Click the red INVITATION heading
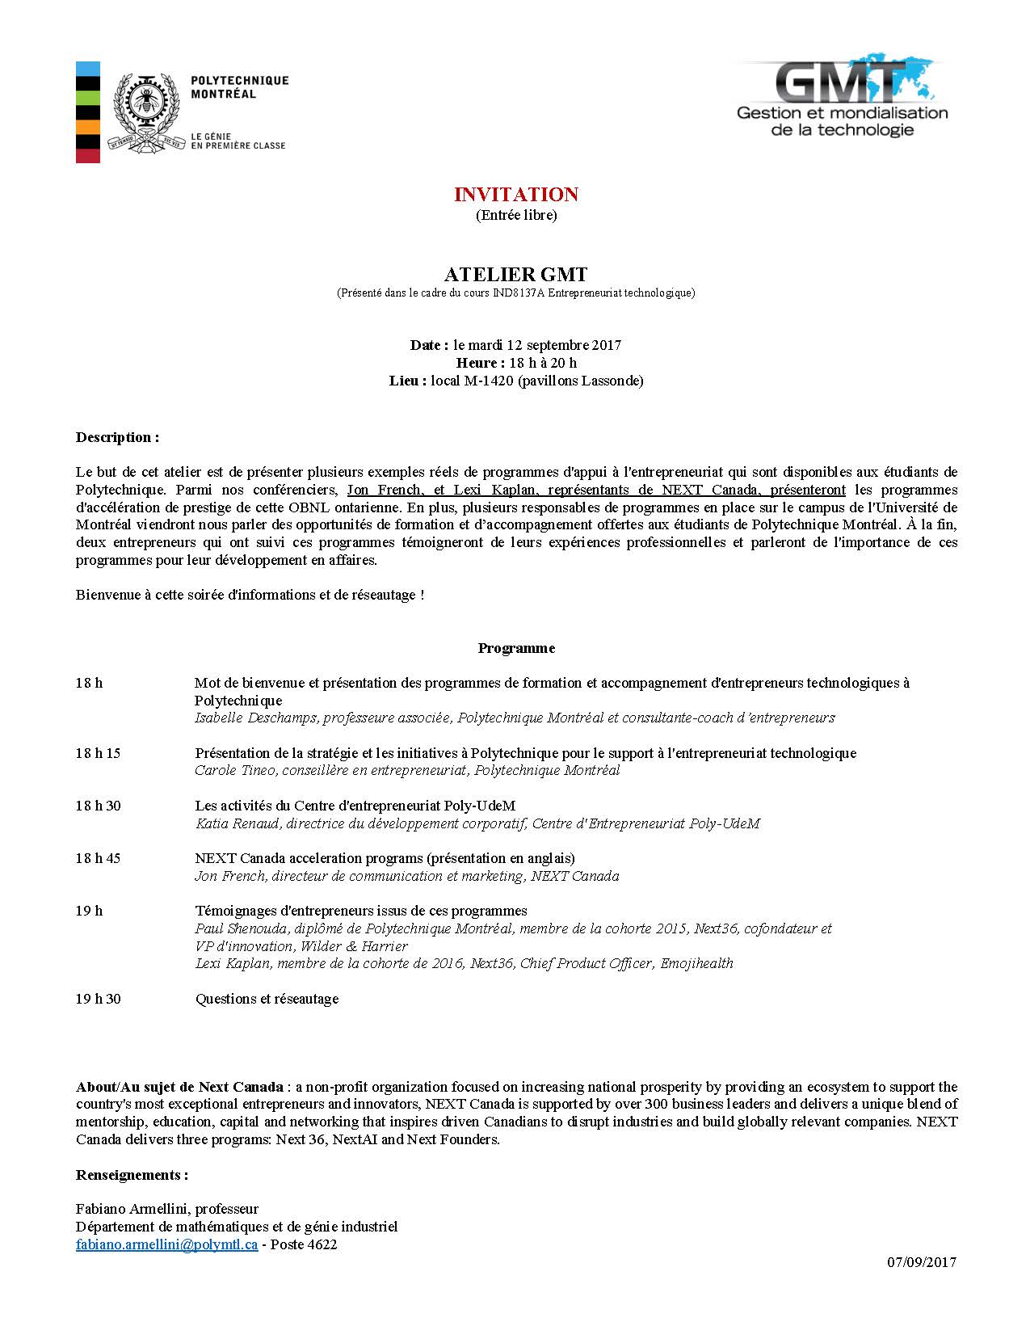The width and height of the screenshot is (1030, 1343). point(515,195)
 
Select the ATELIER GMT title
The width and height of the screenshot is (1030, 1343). point(515,274)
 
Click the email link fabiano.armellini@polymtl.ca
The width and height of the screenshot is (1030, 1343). point(167,1244)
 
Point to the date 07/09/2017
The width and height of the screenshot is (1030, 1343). point(921,1261)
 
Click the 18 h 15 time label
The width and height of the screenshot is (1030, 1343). point(98,753)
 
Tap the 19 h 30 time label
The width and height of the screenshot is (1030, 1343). point(98,999)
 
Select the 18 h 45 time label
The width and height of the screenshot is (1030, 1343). point(98,858)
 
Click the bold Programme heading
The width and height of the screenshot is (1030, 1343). point(516,648)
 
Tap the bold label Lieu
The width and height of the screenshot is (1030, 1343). point(406,381)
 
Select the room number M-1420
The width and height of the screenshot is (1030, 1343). point(488,381)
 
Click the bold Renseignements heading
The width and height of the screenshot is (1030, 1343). point(132,1174)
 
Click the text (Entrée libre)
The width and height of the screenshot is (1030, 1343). point(515,215)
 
